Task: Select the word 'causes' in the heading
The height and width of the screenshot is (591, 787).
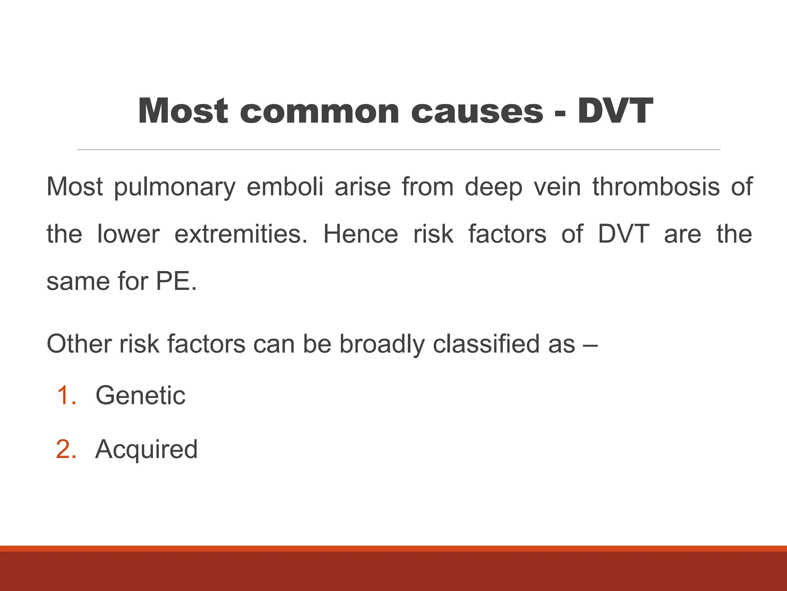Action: click(477, 112)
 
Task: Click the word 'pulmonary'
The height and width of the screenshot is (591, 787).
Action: click(175, 187)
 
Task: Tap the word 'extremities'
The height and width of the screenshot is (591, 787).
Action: click(241, 234)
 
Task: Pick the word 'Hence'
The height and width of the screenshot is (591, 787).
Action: click(360, 234)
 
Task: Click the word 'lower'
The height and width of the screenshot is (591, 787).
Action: click(128, 234)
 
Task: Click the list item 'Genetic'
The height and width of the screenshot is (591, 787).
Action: click(140, 396)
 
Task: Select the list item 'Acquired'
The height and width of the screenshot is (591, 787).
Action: click(146, 449)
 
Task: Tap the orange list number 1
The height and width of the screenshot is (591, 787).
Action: click(66, 396)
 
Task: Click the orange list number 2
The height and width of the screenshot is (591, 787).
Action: click(66, 449)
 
